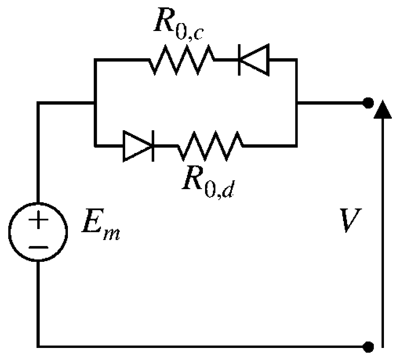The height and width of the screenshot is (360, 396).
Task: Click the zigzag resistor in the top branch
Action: pos(181,60)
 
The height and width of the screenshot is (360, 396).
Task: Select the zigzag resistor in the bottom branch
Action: pos(210,146)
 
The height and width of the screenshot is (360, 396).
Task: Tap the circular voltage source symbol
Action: pos(38,232)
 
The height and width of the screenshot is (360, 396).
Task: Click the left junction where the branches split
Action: pos(94,103)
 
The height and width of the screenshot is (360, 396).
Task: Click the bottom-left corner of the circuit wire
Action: pos(38,345)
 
